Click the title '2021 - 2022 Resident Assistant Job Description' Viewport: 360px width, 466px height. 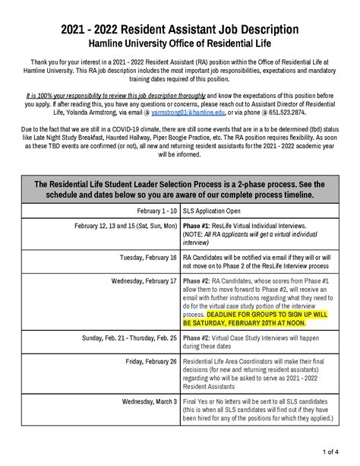[180, 29]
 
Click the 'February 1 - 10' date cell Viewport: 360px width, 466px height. [157, 209]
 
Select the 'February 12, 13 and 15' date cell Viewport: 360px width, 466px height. [126, 226]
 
